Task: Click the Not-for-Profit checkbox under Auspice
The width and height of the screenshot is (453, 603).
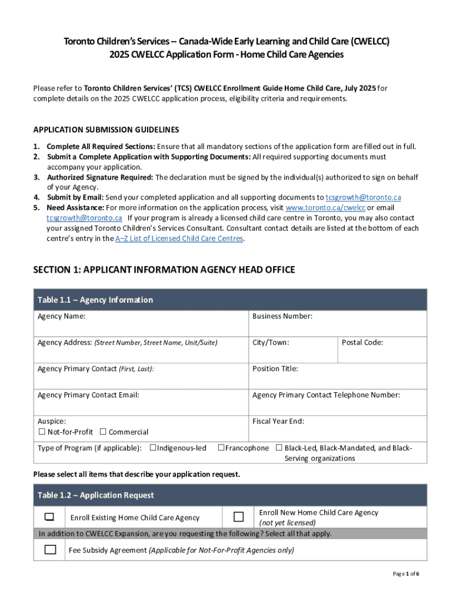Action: (x=42, y=432)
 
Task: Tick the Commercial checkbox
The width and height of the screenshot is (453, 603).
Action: (x=104, y=432)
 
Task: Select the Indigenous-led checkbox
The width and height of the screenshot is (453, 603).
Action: (x=153, y=448)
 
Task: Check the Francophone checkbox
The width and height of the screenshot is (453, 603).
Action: (x=221, y=448)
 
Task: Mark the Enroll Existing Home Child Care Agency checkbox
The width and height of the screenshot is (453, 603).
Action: (x=49, y=517)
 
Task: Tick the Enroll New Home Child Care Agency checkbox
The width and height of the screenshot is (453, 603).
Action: (x=238, y=517)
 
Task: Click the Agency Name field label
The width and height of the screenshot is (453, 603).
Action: (x=61, y=316)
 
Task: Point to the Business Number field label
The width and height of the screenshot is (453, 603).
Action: (x=282, y=316)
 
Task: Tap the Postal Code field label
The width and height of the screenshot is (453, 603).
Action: (x=362, y=342)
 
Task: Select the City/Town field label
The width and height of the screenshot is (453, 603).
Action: (x=271, y=342)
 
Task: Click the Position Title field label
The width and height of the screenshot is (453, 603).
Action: (x=275, y=369)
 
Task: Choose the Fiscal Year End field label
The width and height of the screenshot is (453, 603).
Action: (x=278, y=421)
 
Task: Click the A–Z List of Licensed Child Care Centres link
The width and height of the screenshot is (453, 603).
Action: (x=179, y=238)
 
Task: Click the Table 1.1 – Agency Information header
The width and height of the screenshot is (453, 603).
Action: (x=95, y=300)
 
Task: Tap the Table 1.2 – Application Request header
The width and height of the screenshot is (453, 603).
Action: (x=95, y=495)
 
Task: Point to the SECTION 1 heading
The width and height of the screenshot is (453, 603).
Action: (x=164, y=270)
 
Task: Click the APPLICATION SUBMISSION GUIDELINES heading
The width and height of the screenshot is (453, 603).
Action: (x=106, y=130)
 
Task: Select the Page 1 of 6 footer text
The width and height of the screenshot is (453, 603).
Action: (x=406, y=574)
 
